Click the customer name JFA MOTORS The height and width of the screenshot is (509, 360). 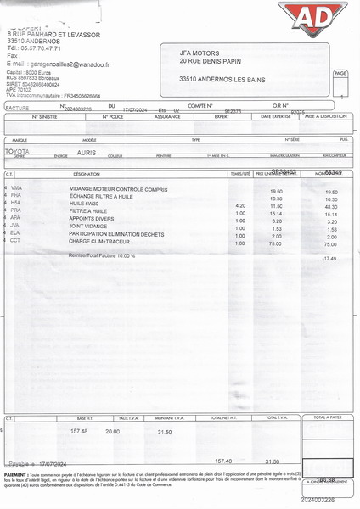(x=205, y=52)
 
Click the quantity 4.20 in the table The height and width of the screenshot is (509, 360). (x=240, y=206)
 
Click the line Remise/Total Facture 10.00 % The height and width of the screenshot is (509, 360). (x=102, y=255)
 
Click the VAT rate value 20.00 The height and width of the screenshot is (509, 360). (x=112, y=432)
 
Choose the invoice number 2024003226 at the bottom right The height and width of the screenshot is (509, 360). (x=318, y=500)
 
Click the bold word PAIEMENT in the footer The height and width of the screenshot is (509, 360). (x=15, y=475)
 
